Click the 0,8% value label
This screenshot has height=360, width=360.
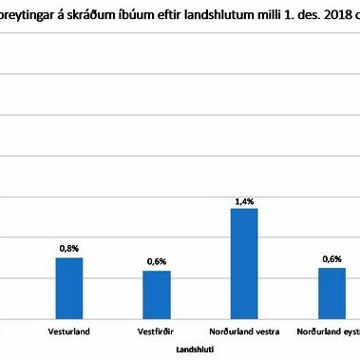click(68, 247)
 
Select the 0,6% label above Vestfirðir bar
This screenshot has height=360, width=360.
click(156, 261)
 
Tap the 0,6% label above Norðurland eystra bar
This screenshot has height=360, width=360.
click(332, 258)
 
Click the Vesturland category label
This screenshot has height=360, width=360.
click(68, 333)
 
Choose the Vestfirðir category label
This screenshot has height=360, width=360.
click(156, 333)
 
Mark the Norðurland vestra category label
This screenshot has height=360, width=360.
click(244, 333)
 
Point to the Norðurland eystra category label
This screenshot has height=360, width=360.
click(328, 333)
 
